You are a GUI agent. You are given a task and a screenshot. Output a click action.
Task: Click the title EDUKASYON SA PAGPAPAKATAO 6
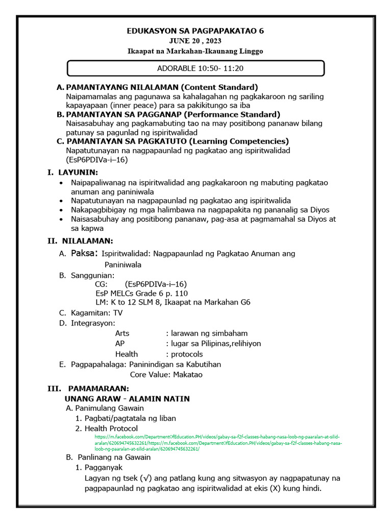(x=195, y=31)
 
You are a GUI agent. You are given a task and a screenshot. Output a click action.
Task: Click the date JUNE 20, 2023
(x=195, y=41)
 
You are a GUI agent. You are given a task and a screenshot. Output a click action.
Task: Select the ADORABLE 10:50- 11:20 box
(x=195, y=68)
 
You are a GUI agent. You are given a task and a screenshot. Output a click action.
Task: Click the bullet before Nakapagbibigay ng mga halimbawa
(x=62, y=210)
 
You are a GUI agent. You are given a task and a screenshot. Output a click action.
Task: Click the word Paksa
(x=84, y=253)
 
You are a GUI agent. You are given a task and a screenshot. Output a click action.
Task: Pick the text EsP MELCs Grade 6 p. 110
(x=141, y=293)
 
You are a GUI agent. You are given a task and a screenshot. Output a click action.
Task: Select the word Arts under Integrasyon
(x=122, y=333)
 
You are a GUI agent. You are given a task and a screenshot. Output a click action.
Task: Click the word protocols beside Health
(x=187, y=354)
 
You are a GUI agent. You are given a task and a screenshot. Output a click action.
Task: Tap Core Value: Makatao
(x=166, y=374)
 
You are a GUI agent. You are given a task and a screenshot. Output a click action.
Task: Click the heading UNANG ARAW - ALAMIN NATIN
(x=127, y=398)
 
